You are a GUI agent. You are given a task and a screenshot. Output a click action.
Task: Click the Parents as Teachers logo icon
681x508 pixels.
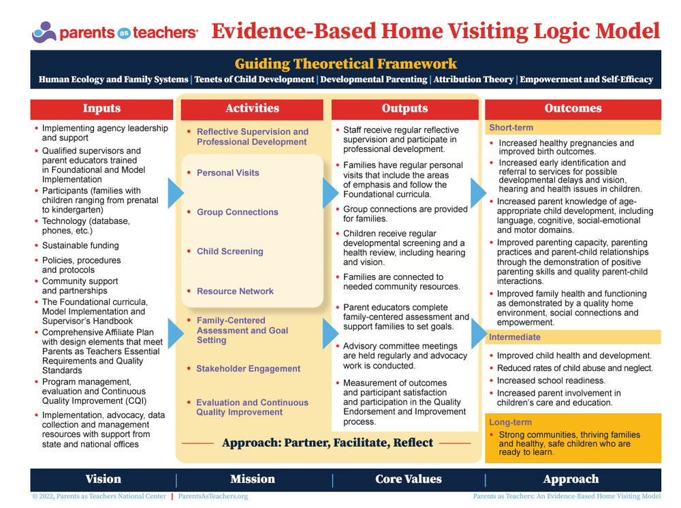tap(44, 32)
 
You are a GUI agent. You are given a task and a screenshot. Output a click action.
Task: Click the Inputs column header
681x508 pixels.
tap(101, 108)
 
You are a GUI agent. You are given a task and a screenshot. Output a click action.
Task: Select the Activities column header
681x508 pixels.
tap(252, 108)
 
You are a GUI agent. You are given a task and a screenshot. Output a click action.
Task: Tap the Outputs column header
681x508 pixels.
tap(405, 108)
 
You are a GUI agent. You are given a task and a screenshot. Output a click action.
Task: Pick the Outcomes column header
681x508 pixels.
tap(573, 108)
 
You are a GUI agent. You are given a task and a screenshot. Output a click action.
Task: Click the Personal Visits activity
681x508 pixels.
tap(228, 173)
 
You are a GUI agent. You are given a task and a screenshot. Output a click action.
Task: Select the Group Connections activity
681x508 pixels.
tap(238, 212)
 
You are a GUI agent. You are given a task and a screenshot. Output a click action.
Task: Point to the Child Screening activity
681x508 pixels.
tap(229, 251)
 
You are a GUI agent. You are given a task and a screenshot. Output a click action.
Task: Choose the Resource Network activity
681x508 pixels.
tap(235, 291)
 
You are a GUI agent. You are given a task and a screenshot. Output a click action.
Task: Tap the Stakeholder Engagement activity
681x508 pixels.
tap(248, 368)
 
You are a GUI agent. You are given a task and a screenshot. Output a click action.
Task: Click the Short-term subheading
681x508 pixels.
tap(511, 127)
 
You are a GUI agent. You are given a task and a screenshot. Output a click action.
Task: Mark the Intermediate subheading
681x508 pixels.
tap(515, 337)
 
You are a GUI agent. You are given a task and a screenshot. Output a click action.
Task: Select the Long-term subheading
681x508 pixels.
tap(510, 422)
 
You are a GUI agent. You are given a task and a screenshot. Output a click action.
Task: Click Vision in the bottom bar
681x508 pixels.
tap(104, 479)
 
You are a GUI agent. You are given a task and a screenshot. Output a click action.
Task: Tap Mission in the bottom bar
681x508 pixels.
tap(253, 479)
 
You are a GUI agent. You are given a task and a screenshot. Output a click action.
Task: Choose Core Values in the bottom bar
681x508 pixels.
tap(408, 479)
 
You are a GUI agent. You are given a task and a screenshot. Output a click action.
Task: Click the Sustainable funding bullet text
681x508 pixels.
tap(80, 245)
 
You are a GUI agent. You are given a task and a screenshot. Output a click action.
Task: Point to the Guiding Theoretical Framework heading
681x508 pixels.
tap(346, 64)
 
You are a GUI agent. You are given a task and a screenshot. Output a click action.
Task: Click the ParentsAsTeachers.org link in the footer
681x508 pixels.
tap(212, 496)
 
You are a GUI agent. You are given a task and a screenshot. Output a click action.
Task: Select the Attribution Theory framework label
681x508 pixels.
tap(473, 80)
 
